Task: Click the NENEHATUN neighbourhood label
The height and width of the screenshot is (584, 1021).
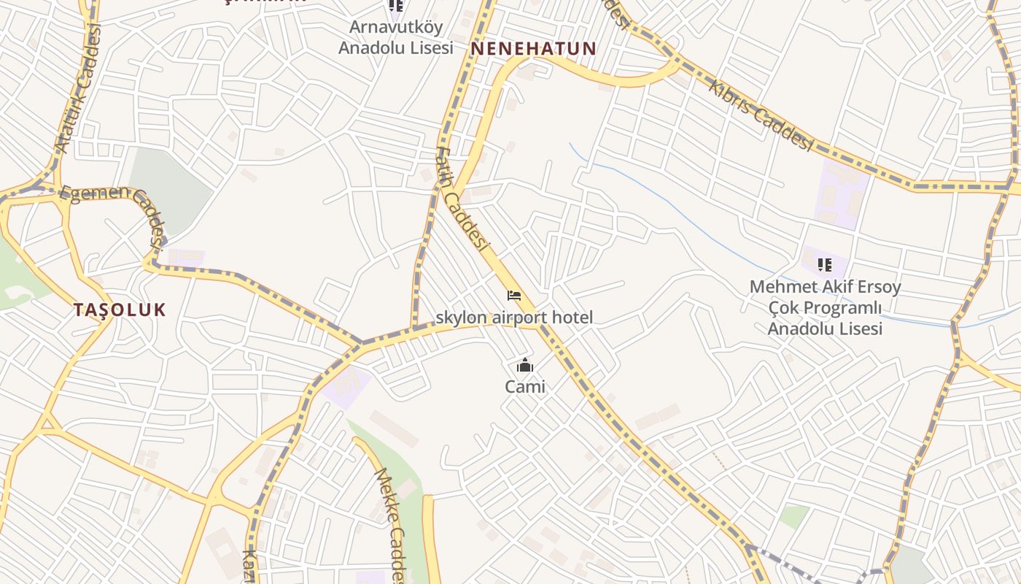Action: tap(533, 49)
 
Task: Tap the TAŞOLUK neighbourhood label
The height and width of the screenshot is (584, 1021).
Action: tap(120, 310)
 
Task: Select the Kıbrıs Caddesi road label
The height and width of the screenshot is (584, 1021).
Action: tap(760, 115)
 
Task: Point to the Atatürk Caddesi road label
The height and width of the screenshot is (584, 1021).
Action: tap(77, 88)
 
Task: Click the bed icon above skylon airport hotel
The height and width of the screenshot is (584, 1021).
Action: tap(514, 296)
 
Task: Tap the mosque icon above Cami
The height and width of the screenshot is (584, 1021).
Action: tap(524, 366)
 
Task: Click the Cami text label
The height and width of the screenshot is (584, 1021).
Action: tap(524, 387)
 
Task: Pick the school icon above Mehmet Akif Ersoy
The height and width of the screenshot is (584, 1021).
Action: tap(825, 264)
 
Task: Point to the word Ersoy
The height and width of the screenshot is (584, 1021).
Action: tap(877, 287)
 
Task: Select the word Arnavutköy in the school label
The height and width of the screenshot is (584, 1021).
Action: tap(395, 28)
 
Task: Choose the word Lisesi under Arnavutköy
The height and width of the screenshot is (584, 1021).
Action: tap(427, 48)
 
